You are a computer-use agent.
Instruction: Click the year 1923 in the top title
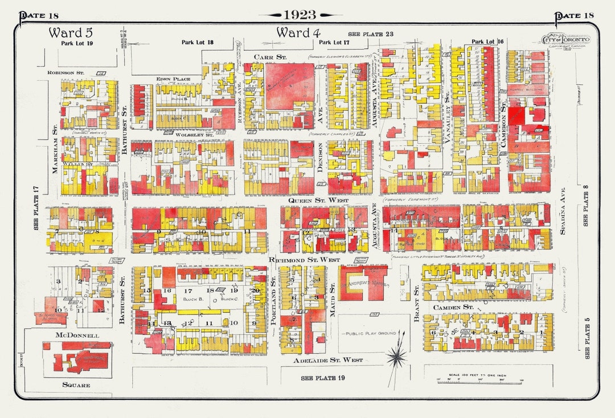(300, 15)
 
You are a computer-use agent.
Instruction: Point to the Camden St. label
(453, 307)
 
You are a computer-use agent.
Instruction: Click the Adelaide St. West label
(328, 360)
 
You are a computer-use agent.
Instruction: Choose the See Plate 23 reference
(371, 34)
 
